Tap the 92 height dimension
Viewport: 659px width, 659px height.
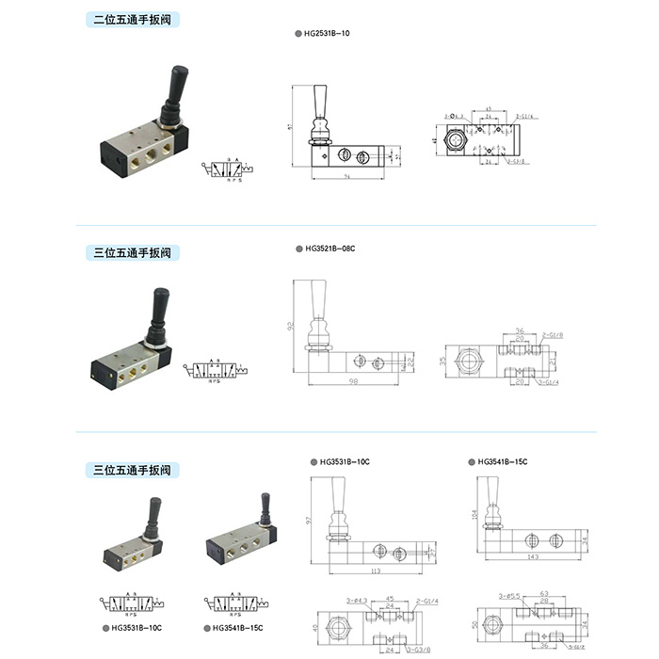[x=291, y=326]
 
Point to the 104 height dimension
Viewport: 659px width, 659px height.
[x=474, y=515]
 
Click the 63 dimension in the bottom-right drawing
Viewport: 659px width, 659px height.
[x=544, y=595]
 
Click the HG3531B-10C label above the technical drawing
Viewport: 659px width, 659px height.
[x=345, y=462]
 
